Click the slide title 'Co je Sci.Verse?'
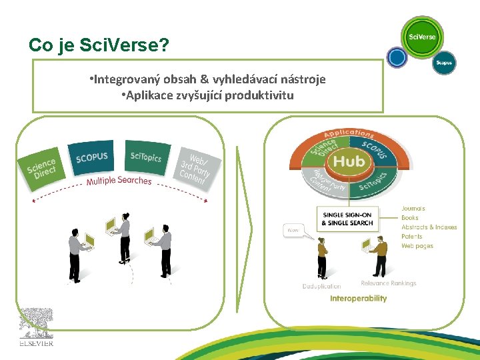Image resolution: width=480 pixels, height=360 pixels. point(99,45)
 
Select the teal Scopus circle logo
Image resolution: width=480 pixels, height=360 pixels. point(443,63)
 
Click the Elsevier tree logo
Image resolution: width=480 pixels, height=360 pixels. point(36,327)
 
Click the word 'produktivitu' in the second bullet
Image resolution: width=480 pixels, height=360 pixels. point(259,95)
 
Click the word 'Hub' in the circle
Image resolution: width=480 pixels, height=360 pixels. point(349,162)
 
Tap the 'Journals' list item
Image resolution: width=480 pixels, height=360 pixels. point(413,209)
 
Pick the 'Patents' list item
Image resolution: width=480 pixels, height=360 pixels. point(411,237)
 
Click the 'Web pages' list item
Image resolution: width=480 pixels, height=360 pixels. point(417,246)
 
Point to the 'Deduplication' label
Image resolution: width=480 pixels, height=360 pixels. point(321,287)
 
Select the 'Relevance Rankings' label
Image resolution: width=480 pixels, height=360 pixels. point(388,283)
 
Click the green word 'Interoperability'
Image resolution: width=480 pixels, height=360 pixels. point(358,299)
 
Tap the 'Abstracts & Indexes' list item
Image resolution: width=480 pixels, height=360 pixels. point(429,227)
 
